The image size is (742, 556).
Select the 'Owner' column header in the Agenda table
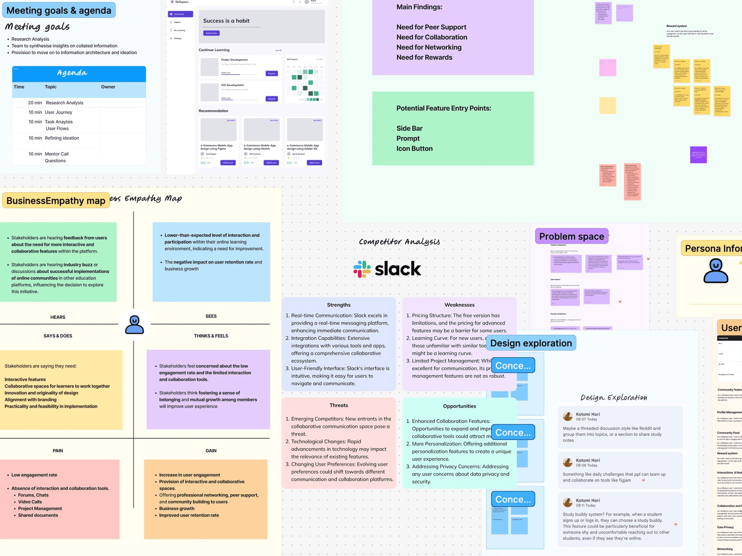click(x=108, y=87)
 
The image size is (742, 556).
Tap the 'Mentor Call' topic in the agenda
click(x=57, y=154)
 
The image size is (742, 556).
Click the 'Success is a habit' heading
click(x=226, y=21)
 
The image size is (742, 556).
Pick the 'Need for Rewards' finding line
click(x=424, y=57)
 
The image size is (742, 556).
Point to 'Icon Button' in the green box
click(x=414, y=149)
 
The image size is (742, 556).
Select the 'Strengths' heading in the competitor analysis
click(x=339, y=305)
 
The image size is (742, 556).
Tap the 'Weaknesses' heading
click(x=459, y=305)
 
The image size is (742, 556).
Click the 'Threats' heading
click(x=339, y=405)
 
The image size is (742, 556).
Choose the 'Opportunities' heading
click(x=459, y=406)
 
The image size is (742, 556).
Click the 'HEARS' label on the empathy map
click(x=58, y=317)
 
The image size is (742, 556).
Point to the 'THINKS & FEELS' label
click(x=211, y=336)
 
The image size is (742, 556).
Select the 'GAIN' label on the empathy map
click(x=211, y=451)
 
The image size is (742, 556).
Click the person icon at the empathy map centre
click(x=134, y=325)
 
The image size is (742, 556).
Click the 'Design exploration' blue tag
click(x=531, y=343)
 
